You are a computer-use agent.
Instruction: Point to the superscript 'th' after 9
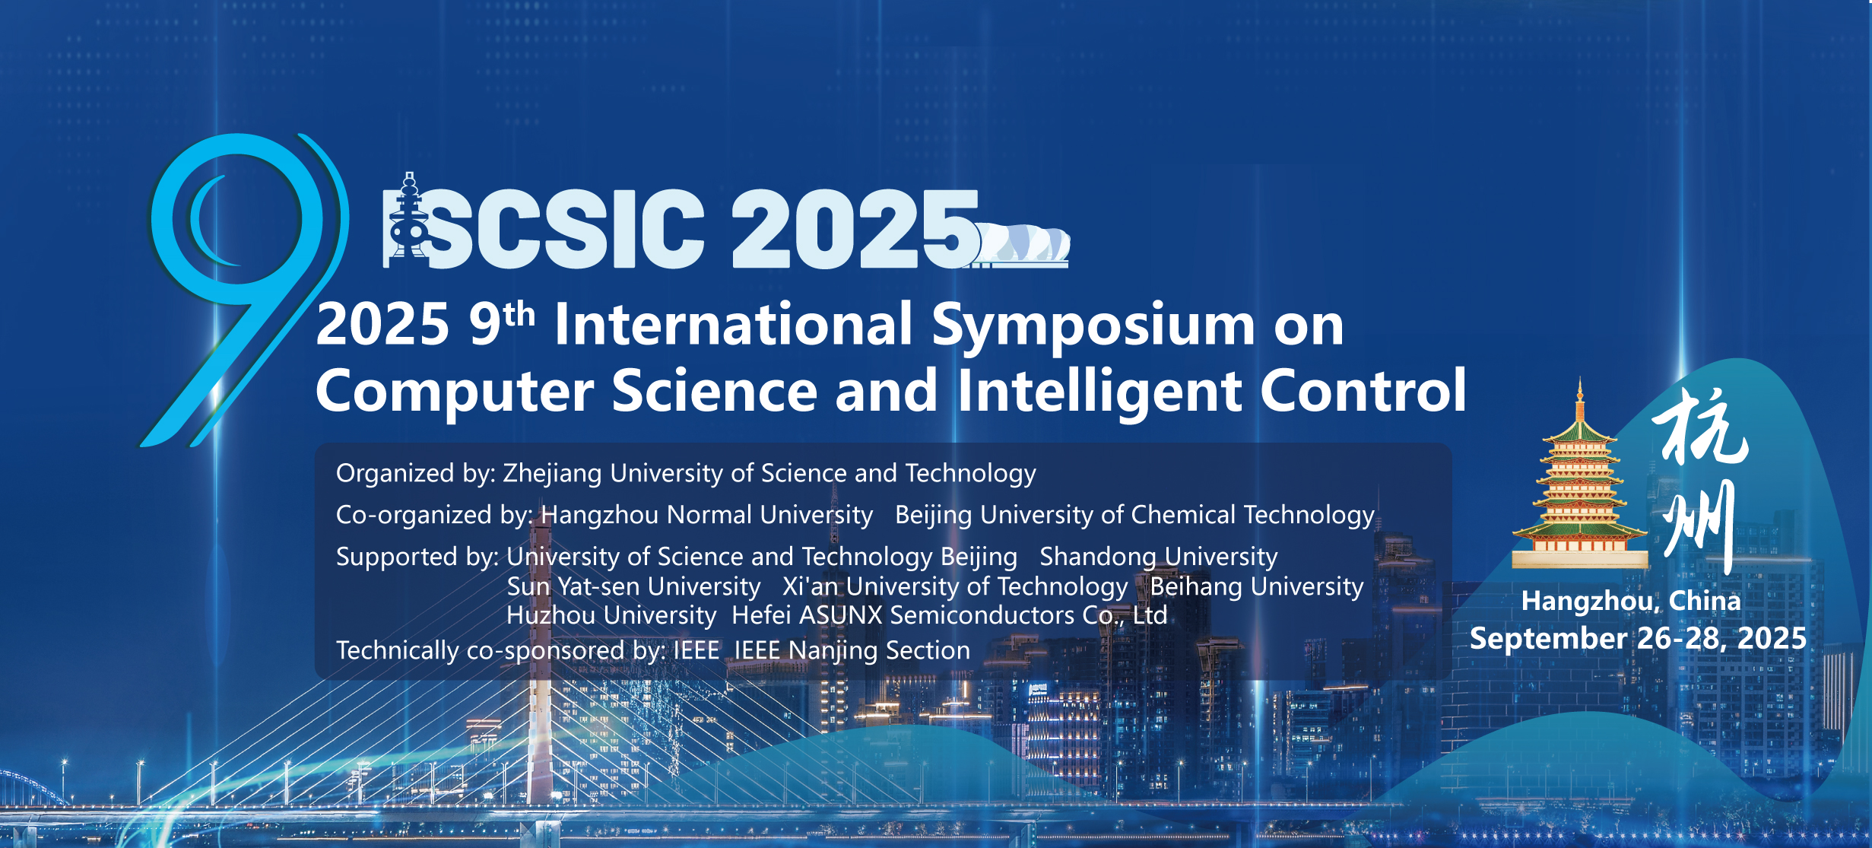point(519,314)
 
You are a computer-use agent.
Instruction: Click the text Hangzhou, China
point(1631,602)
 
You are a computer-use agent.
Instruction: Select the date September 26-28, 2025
point(1638,638)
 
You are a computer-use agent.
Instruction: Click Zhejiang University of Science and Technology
point(769,474)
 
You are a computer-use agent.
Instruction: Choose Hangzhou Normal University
point(706,515)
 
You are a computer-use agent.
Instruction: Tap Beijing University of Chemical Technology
point(1134,516)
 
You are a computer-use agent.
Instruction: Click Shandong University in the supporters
point(1159,557)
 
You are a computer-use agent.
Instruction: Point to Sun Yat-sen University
point(633,587)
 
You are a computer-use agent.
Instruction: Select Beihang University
point(1257,587)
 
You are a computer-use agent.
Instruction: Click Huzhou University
point(611,615)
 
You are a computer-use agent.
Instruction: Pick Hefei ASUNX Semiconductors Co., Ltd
point(949,615)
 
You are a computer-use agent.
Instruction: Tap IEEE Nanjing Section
point(852,651)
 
